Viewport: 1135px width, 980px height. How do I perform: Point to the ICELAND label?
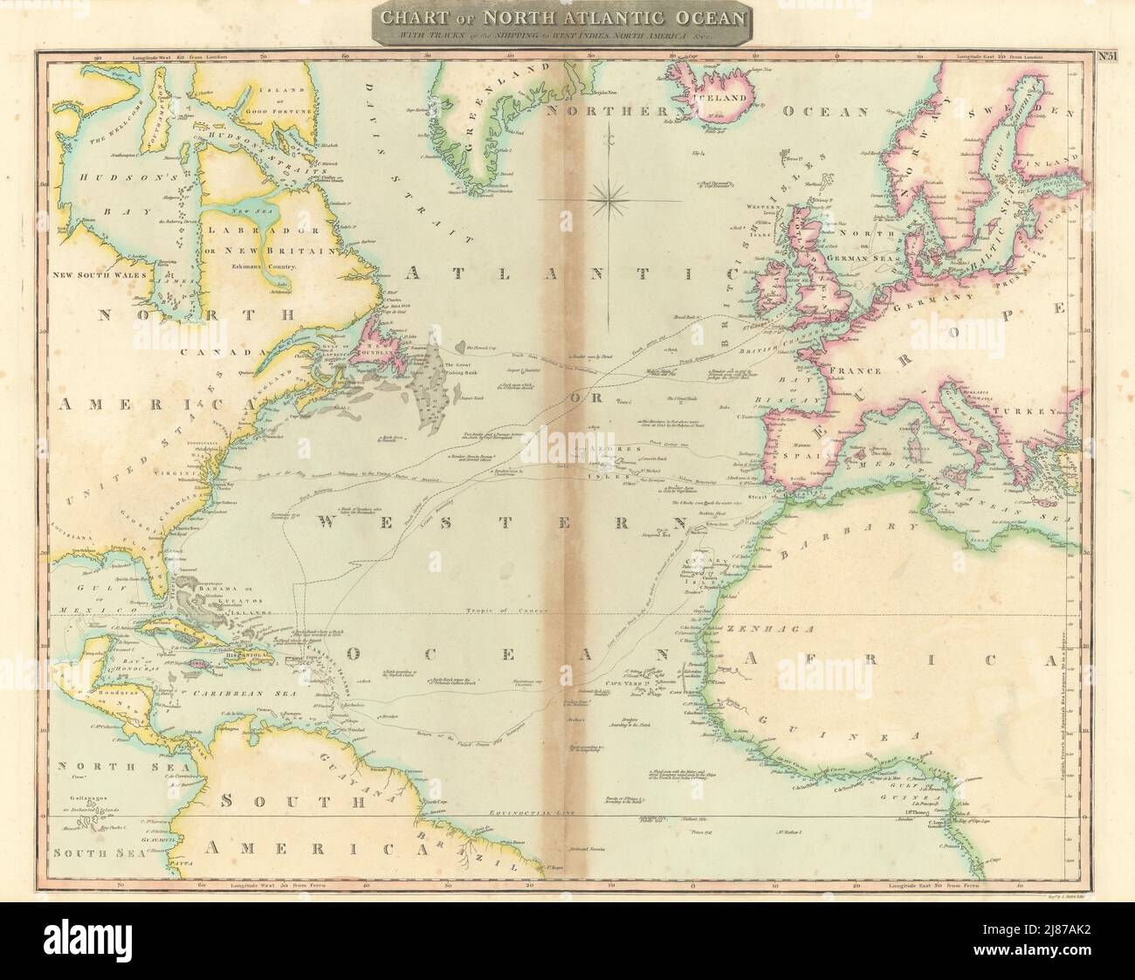721,98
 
